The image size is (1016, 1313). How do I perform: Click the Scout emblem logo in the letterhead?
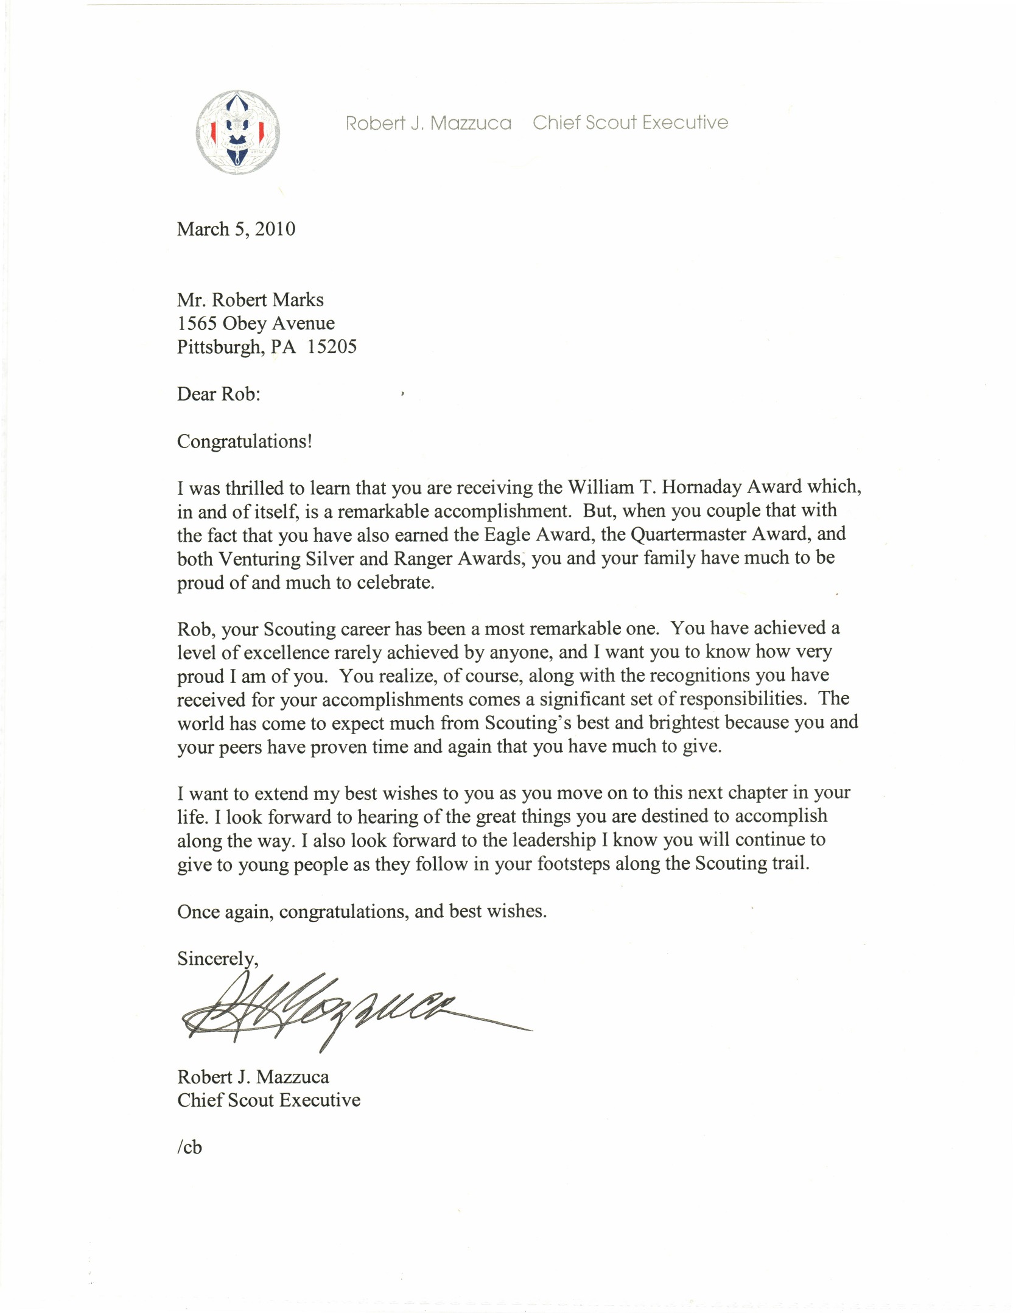238,132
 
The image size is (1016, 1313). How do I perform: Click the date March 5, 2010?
236,229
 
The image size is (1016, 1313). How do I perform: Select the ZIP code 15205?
332,347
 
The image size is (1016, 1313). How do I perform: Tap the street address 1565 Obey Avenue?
256,323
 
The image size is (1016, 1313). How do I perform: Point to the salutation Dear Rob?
219,394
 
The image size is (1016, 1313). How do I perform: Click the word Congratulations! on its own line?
245,441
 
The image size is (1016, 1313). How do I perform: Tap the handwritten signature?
341,1014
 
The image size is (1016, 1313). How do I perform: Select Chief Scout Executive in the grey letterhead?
630,123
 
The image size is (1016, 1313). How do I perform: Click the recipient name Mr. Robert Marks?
250,300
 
